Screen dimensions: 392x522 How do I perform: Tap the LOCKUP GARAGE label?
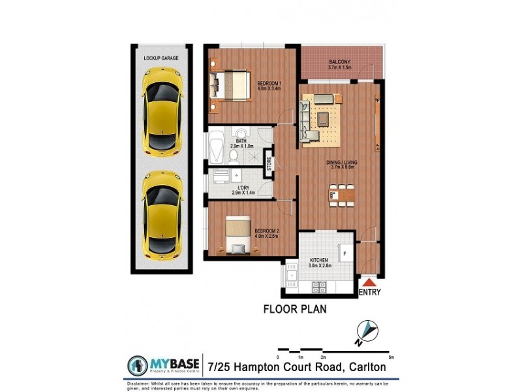point(161,58)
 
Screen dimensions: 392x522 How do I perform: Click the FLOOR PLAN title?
point(294,309)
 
